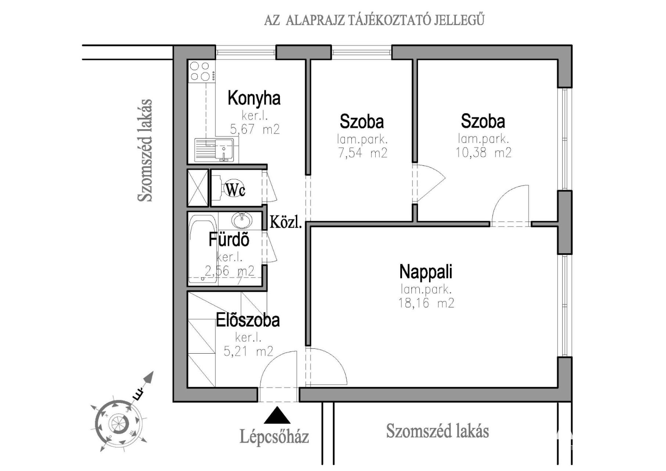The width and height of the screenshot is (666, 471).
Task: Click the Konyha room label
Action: pyautogui.click(x=254, y=98)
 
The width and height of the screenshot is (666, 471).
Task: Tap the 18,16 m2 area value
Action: pyautogui.click(x=426, y=303)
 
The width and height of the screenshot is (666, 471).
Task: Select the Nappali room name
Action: pyautogui.click(x=426, y=272)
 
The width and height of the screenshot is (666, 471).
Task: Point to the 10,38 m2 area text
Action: pyautogui.click(x=483, y=152)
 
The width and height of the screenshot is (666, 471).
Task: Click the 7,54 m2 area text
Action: pyautogui.click(x=362, y=152)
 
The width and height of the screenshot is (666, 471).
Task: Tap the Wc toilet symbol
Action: pyautogui.click(x=234, y=190)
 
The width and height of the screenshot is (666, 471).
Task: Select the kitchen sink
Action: pyautogui.click(x=214, y=150)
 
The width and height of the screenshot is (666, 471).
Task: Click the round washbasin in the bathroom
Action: pyautogui.click(x=242, y=220)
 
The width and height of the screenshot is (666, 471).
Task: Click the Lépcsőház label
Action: pyautogui.click(x=274, y=437)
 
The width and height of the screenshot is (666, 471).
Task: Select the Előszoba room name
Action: pyautogui.click(x=247, y=320)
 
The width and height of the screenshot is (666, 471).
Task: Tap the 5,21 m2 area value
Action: pyautogui.click(x=248, y=351)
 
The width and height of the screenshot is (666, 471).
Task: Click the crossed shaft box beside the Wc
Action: pyautogui.click(x=198, y=188)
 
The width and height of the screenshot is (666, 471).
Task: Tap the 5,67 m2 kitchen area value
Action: pyautogui.click(x=255, y=129)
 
